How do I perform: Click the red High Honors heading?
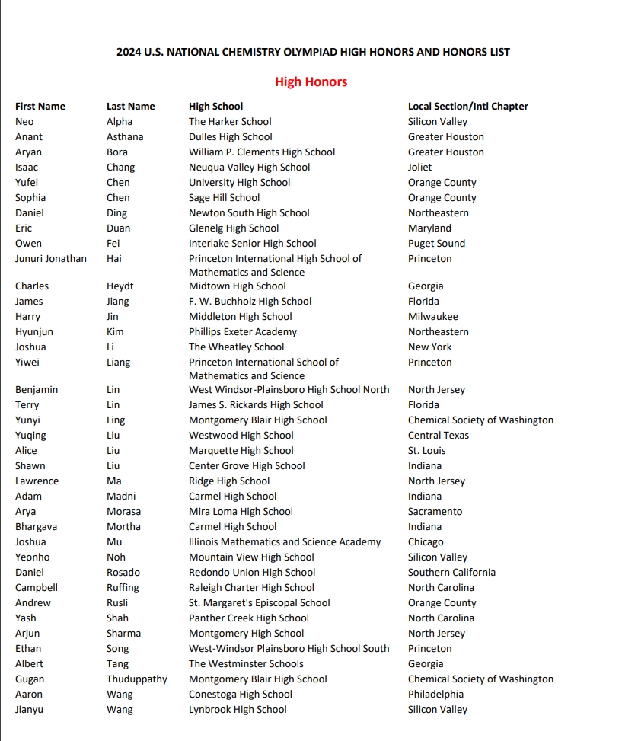tap(311, 81)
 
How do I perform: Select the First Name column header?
tap(40, 106)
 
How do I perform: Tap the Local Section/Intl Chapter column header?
tap(467, 106)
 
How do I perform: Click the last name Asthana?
tap(125, 136)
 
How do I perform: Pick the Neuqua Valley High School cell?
tap(249, 167)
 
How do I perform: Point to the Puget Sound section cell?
tap(436, 243)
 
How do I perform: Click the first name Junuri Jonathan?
tap(51, 258)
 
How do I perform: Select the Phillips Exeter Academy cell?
tap(243, 331)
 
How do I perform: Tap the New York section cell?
tap(429, 347)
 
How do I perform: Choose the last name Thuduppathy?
tap(137, 679)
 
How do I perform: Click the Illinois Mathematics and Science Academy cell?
tap(285, 541)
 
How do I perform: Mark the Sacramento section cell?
tap(435, 511)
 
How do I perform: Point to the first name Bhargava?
tap(36, 526)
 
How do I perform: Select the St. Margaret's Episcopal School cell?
tap(260, 602)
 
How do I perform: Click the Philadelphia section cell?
tap(435, 694)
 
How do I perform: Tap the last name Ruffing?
tap(123, 587)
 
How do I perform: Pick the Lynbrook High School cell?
tap(238, 709)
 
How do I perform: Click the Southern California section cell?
tap(451, 572)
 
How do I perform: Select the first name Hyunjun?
tap(34, 331)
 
